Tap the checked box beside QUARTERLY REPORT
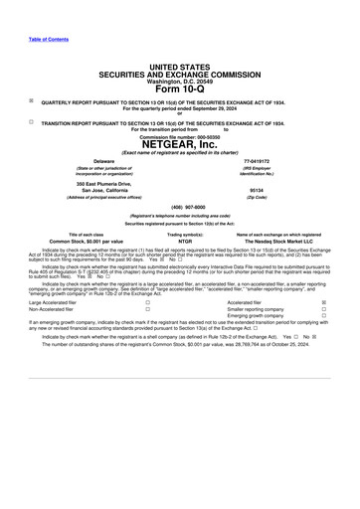point(32,100)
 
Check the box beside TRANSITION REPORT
point(32,122)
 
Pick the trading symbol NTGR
point(185,241)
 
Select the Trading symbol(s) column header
point(185,234)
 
